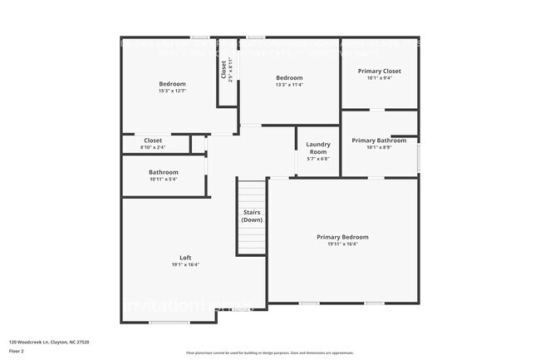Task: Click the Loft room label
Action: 186,258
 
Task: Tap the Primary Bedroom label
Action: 342,237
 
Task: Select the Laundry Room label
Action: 318,148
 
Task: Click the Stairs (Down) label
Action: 252,215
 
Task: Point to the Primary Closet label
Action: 380,72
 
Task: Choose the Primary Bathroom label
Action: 379,141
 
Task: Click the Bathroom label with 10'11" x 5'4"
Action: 164,172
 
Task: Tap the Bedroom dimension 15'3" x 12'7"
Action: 173,91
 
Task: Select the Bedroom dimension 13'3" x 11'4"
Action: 290,85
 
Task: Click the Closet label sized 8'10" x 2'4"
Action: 154,147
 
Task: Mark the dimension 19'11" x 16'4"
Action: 342,244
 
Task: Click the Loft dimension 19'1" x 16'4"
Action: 186,265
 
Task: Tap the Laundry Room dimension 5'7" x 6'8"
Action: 318,160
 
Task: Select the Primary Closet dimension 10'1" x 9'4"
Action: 380,79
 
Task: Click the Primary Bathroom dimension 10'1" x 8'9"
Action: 379,148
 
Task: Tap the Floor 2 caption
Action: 17,352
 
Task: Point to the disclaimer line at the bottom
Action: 269,353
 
